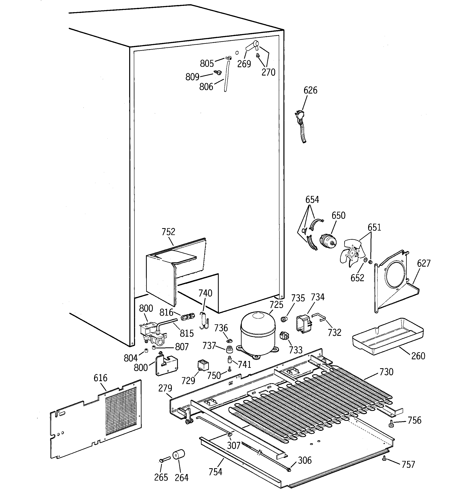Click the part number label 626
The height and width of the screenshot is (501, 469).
point(310,90)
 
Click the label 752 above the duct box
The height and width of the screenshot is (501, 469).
point(168,232)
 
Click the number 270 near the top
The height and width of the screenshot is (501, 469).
point(268,72)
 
